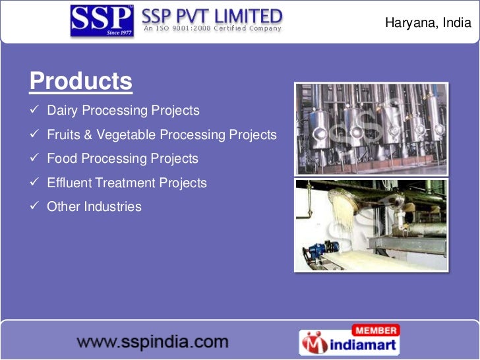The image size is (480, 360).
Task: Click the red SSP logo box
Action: tap(102, 20)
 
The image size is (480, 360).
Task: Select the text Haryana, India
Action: tap(428, 23)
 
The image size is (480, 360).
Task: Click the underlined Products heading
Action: tap(81, 82)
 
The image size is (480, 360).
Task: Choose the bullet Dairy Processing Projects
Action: tap(123, 111)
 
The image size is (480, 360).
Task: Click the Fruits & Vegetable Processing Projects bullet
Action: tap(162, 135)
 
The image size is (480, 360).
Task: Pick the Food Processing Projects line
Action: tap(122, 159)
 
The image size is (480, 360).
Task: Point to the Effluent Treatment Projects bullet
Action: tap(127, 183)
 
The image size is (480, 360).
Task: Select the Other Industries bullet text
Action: tap(94, 206)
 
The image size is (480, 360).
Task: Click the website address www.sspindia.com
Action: tap(153, 342)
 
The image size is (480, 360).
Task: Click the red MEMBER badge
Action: tap(375, 330)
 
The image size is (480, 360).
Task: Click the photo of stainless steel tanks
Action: tap(371, 129)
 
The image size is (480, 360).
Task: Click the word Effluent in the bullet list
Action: tap(69, 183)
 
